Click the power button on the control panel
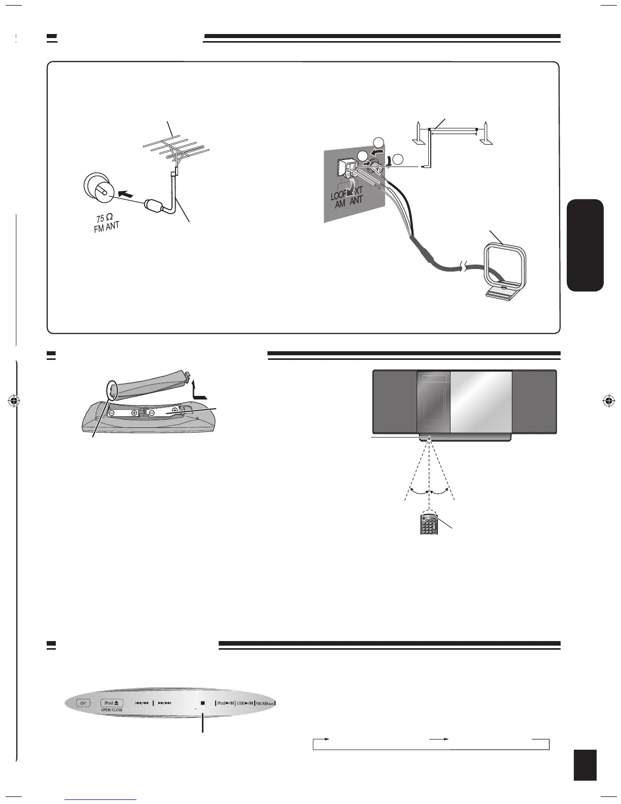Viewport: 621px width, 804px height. (83, 703)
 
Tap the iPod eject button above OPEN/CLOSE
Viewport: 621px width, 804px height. (111, 703)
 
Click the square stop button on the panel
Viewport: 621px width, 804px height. (202, 703)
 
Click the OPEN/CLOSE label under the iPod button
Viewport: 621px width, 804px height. (111, 710)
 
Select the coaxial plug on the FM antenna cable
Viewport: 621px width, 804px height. (153, 206)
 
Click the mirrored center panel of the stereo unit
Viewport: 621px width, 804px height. (480, 401)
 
